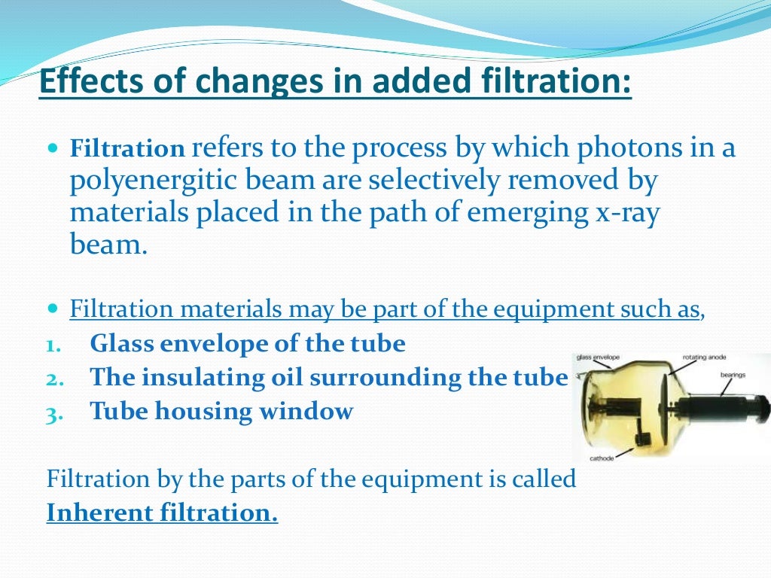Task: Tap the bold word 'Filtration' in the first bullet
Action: pos(127,150)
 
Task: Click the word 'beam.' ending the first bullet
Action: pos(106,245)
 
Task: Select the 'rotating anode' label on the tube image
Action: pos(705,357)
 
